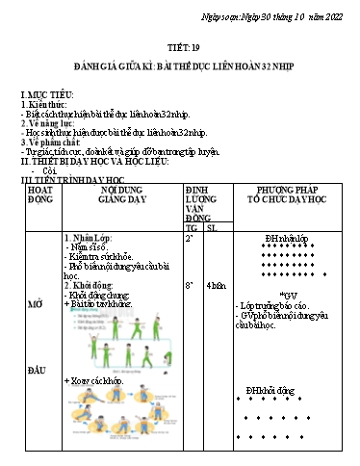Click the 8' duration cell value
point(191,285)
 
